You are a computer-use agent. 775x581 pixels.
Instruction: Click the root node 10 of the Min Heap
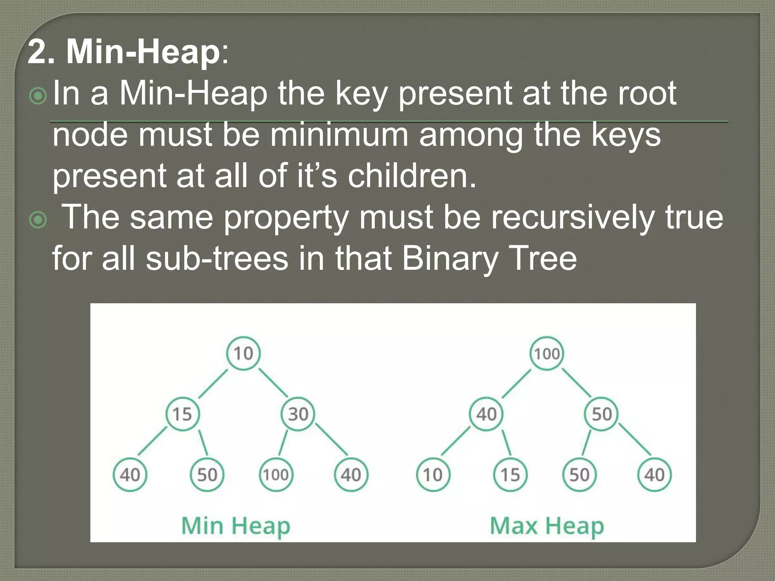pyautogui.click(x=243, y=353)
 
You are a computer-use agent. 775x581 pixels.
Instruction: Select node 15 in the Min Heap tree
pyautogui.click(x=182, y=414)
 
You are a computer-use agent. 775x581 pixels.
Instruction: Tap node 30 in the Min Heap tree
pyautogui.click(x=298, y=414)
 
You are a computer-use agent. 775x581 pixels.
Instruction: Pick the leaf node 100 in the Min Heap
pyautogui.click(x=276, y=474)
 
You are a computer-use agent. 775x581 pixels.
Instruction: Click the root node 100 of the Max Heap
pyautogui.click(x=547, y=354)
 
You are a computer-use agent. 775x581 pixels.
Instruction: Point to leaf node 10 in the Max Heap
pyautogui.click(x=433, y=475)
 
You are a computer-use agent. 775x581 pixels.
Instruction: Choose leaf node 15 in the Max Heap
pyautogui.click(x=510, y=475)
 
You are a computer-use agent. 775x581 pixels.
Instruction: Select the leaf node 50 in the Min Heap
pyautogui.click(x=207, y=474)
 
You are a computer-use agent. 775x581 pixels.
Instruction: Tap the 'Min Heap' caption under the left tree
pyautogui.click(x=236, y=526)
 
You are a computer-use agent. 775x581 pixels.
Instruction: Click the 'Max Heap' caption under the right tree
pyautogui.click(x=547, y=526)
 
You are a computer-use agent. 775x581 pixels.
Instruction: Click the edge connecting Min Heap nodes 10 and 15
pyautogui.click(x=213, y=384)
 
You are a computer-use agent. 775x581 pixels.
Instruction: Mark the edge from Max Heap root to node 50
pyautogui.click(x=576, y=383)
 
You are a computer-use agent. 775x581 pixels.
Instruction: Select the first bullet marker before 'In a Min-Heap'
pyautogui.click(x=38, y=96)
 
